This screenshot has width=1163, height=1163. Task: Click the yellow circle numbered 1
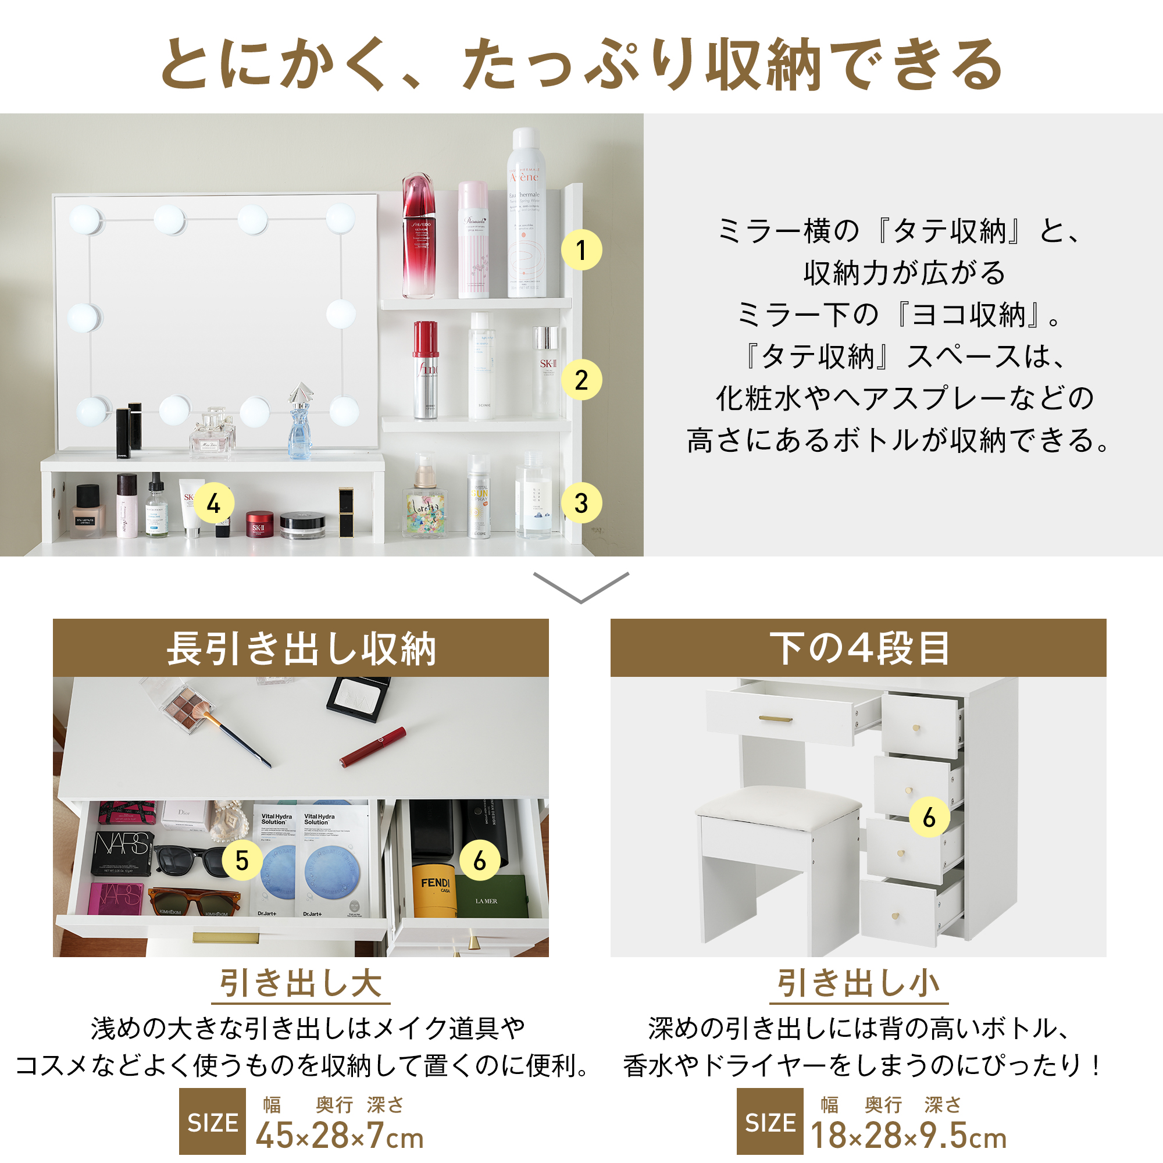click(581, 250)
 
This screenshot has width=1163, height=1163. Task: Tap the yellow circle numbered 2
click(581, 380)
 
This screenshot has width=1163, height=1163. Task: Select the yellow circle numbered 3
click(581, 503)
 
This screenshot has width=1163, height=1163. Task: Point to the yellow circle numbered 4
click(213, 503)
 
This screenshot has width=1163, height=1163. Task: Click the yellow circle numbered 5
click(242, 861)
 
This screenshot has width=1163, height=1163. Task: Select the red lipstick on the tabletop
click(373, 747)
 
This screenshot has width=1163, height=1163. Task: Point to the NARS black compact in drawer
click(122, 852)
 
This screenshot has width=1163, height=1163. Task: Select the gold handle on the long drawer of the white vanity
click(775, 719)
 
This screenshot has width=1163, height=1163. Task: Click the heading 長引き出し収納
click(301, 648)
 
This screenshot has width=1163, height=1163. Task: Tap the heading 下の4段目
click(858, 648)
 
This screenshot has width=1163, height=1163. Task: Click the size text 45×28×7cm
click(340, 1136)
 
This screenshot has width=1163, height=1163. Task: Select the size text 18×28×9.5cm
click(908, 1136)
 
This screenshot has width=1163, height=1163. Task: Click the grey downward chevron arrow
click(581, 587)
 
